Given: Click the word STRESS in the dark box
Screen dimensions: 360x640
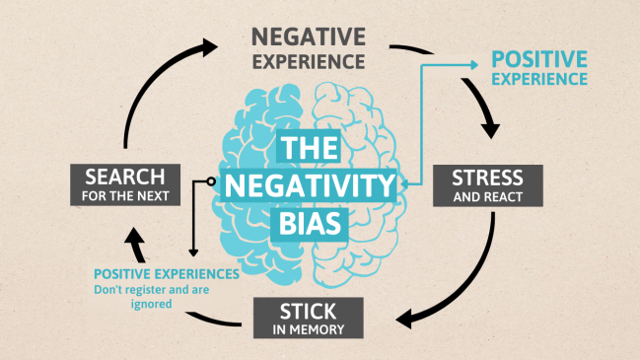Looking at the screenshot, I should pos(489,179).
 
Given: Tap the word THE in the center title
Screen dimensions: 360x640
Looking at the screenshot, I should pos(309,151).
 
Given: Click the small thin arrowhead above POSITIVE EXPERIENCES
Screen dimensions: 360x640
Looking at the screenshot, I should pos(193,252).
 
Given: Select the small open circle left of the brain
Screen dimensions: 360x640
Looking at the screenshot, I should pos(210,181).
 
